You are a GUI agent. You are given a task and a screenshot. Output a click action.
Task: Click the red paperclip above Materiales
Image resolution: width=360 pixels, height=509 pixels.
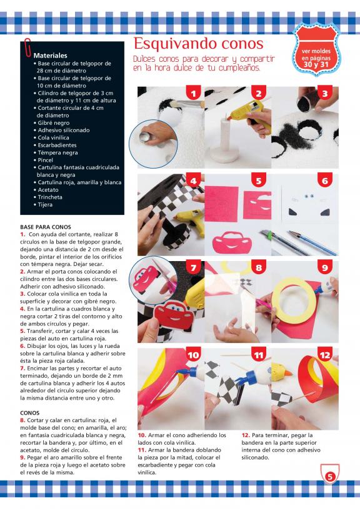(28, 48)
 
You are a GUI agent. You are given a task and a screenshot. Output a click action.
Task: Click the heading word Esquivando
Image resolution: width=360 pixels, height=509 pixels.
(173, 44)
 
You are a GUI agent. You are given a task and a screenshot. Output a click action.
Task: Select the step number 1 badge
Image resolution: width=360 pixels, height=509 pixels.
(193, 93)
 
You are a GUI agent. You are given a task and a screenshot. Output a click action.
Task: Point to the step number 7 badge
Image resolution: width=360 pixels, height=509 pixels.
(193, 267)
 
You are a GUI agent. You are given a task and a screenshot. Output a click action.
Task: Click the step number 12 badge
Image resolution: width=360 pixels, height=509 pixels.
(324, 355)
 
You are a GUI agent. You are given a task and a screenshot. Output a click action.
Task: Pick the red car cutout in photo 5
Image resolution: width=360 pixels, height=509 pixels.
(232, 242)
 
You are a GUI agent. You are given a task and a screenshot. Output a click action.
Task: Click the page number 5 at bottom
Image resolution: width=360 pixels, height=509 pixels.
(330, 477)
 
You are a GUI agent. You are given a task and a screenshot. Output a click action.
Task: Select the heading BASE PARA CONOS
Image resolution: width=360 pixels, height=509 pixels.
(46, 227)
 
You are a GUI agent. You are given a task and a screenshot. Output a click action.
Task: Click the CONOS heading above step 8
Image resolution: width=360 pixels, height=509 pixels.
(29, 413)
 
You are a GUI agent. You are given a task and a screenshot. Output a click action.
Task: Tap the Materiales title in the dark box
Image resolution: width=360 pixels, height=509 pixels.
(50, 56)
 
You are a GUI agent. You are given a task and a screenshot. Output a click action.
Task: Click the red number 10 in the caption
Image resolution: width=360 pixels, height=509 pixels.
(142, 435)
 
